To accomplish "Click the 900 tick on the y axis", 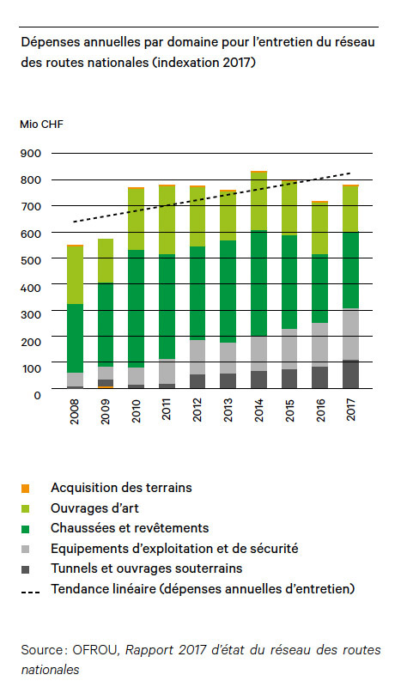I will click(x=31, y=154).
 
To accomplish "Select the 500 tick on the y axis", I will click(x=31, y=261).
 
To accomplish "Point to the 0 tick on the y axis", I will click(x=38, y=394).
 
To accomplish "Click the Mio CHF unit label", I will click(x=41, y=124).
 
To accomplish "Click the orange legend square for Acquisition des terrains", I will click(x=26, y=489).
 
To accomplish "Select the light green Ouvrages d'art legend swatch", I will click(x=26, y=508).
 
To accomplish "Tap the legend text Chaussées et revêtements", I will click(x=129, y=527).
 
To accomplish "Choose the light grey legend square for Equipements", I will click(x=26, y=549).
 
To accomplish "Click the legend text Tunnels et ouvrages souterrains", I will click(x=146, y=568).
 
